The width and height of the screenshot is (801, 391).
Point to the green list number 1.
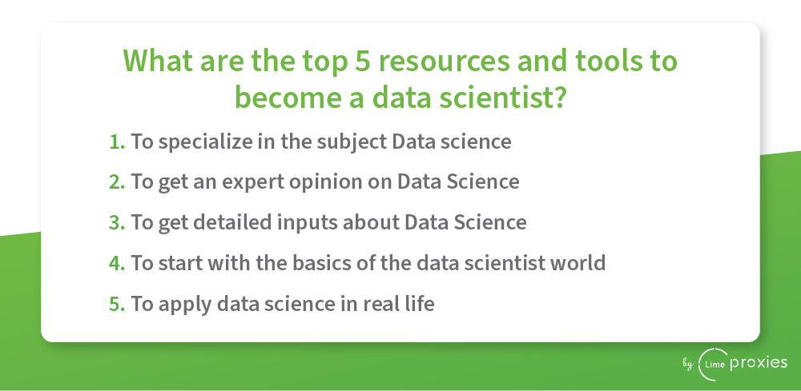(117, 142)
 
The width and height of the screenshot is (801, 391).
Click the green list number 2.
(117, 182)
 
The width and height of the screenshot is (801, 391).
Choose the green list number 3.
(117, 223)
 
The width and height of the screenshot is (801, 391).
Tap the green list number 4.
(117, 263)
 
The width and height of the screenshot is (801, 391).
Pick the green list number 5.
(117, 304)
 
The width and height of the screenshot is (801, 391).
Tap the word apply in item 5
(185, 305)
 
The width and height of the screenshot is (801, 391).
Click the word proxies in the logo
(759, 363)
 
